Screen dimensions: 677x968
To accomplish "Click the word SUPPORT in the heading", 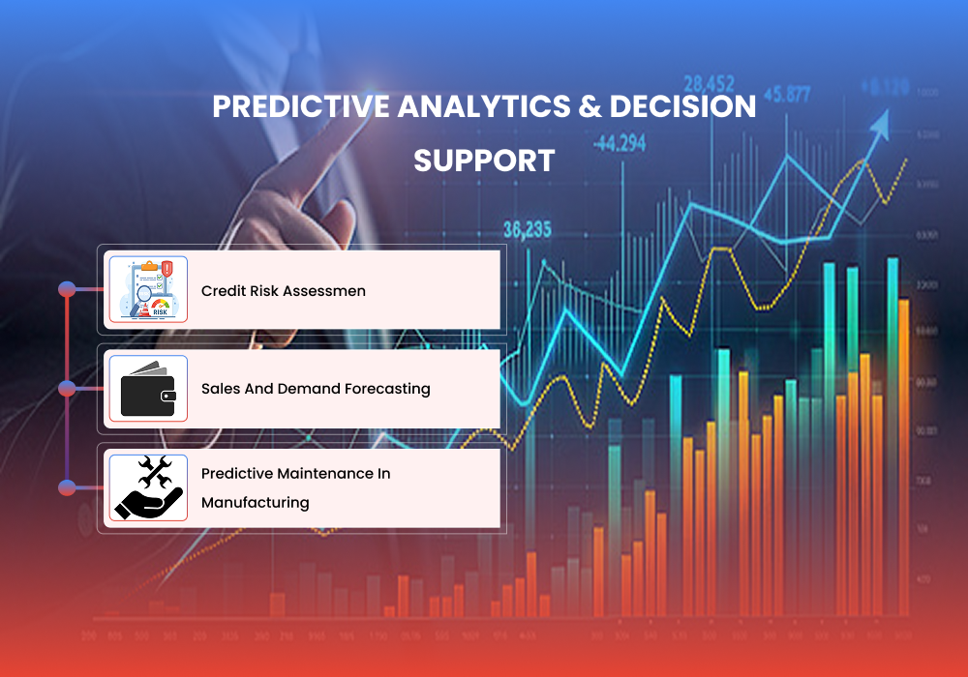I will click(484, 161).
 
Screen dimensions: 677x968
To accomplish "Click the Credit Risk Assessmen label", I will click(284, 291).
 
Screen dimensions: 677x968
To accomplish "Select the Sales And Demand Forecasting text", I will click(316, 389).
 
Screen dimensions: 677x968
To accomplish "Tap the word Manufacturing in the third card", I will click(256, 503).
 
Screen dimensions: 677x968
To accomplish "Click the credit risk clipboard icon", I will click(148, 289).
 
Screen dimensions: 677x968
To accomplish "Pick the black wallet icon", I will click(148, 389).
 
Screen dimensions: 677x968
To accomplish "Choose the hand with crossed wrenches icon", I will click(148, 487).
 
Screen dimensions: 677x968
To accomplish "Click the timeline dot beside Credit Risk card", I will click(67, 289).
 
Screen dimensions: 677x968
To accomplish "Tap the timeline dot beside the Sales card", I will click(67, 389).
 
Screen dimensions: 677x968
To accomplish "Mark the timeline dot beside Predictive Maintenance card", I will click(67, 487).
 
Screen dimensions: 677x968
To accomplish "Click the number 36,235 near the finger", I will click(527, 230).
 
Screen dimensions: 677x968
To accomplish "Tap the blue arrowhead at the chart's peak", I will click(881, 123).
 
